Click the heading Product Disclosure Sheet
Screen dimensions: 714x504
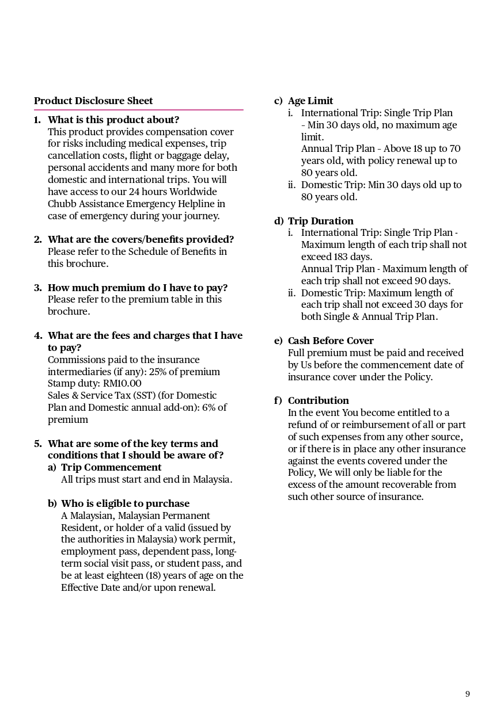pos(93,101)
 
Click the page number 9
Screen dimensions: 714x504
pos(468,694)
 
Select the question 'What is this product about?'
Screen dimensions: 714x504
pos(113,120)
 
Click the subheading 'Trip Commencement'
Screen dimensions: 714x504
pos(111,467)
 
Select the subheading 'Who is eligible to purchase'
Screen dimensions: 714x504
pos(125,503)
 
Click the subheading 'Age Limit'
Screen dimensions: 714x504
pos(310,101)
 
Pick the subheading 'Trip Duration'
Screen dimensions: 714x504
pos(321,221)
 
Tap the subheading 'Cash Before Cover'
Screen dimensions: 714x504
pos(331,341)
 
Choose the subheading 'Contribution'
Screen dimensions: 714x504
pos(319,400)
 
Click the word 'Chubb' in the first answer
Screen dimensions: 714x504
pos(62,204)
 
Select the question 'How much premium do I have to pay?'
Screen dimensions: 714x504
pos(138,288)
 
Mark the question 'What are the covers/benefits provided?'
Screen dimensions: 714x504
pos(141,239)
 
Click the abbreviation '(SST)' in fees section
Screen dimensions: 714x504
pos(147,395)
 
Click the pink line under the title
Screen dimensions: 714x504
pos(138,109)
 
